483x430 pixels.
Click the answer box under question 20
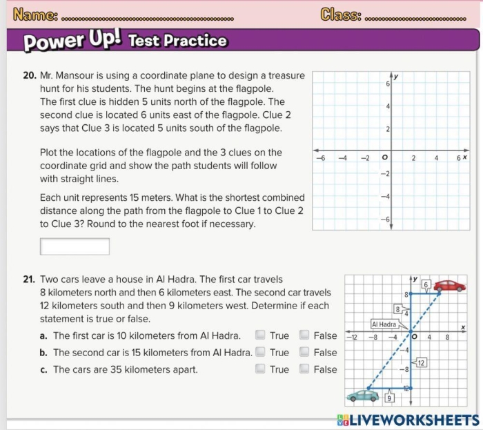[75, 246]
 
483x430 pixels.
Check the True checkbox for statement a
[260, 335]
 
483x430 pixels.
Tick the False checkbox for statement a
[304, 335]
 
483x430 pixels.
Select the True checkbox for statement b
[260, 352]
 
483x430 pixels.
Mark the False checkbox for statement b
[304, 352]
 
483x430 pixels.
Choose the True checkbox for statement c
[260, 369]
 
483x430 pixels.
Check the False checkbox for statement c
[304, 369]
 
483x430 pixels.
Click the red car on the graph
[449, 285]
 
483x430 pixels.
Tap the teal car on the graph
[361, 395]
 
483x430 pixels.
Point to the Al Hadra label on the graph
[384, 324]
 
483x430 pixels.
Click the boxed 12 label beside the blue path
[421, 362]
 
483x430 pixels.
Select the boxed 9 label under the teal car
[389, 398]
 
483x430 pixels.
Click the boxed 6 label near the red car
[426, 284]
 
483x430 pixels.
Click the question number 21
[29, 280]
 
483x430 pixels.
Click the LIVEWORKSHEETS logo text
[413, 420]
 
